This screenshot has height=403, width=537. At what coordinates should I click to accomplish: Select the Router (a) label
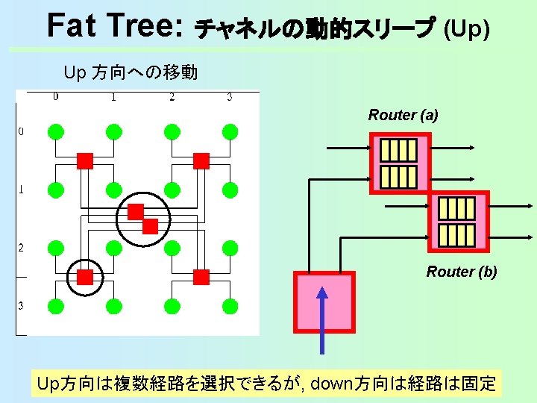[x=403, y=115]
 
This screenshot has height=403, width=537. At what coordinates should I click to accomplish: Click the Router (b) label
[x=461, y=272]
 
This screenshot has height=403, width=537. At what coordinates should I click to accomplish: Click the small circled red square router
[x=85, y=278]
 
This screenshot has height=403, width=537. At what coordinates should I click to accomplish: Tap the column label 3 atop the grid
[x=230, y=97]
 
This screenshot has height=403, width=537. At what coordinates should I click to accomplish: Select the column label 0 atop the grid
[x=56, y=97]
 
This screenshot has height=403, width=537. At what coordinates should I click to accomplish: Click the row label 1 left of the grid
[x=21, y=190]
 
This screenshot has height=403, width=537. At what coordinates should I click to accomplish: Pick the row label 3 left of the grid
[x=21, y=305]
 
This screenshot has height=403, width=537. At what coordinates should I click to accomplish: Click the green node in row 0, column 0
[x=55, y=132]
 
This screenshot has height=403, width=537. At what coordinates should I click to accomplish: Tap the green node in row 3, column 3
[x=230, y=305]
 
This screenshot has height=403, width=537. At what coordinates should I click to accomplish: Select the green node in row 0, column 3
[x=230, y=132]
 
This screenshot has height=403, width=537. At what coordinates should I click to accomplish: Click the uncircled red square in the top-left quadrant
[x=85, y=160]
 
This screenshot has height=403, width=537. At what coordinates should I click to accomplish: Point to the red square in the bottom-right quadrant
[x=201, y=278]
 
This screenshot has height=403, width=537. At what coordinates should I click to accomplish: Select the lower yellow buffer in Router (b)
[x=456, y=234]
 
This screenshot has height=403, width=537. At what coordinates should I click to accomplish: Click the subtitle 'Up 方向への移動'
[x=131, y=73]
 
